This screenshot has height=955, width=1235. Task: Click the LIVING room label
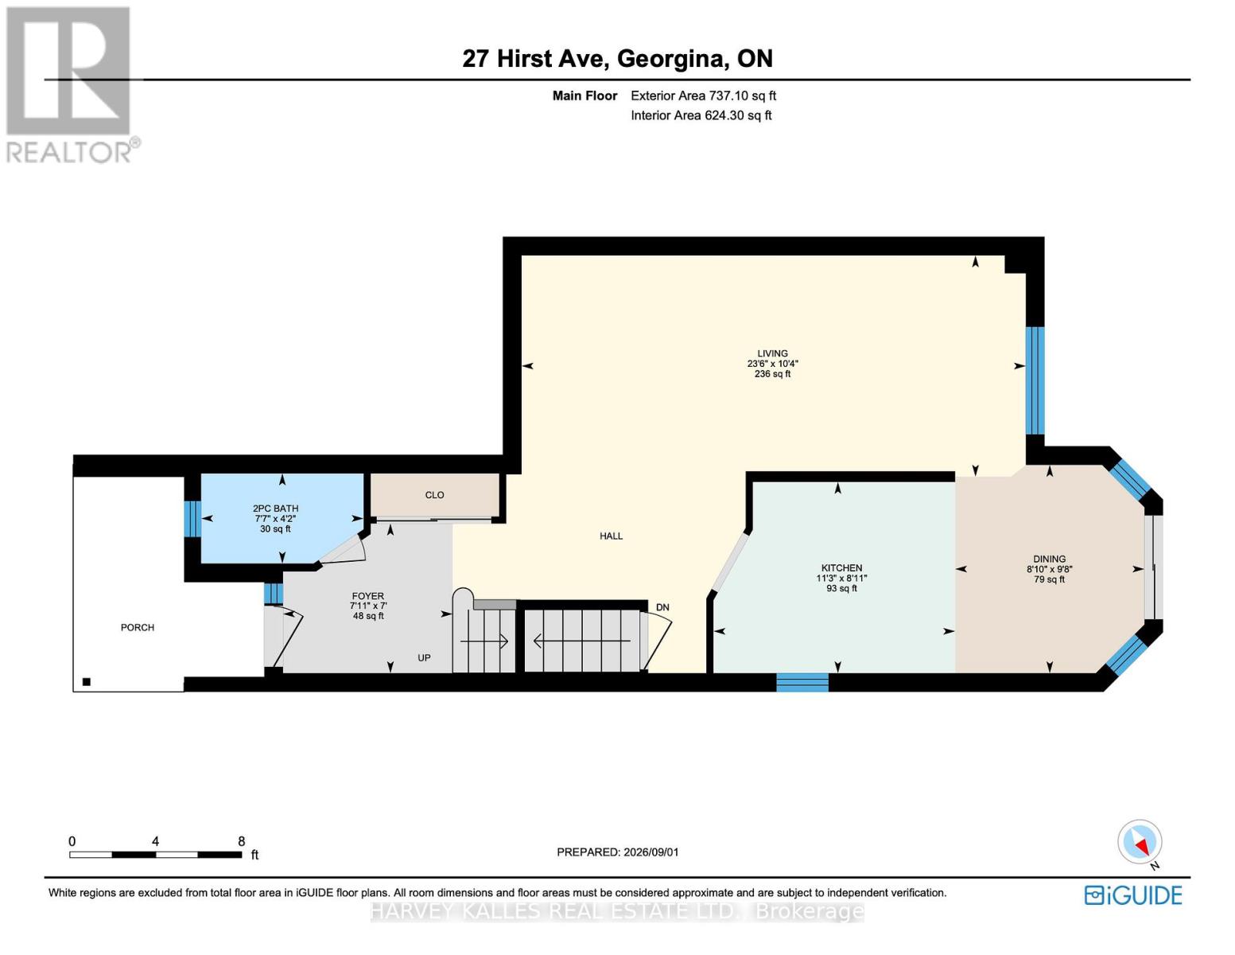point(772,353)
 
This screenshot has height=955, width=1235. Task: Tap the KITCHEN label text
point(841,567)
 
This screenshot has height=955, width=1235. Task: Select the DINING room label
point(1049,559)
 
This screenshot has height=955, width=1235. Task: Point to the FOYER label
point(367,596)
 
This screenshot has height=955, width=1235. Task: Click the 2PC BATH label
point(275,509)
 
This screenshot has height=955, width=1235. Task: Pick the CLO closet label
point(434,495)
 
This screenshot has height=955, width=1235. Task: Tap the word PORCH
point(138,627)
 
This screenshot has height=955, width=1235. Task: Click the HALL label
point(611,536)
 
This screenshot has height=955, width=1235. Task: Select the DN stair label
point(662,607)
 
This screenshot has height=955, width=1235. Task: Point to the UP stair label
point(424,657)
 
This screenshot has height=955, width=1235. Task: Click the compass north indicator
point(1140,842)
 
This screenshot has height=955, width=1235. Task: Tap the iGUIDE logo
point(1132,895)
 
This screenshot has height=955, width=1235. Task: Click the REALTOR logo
point(71,85)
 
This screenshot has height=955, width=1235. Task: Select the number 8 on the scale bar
point(242,841)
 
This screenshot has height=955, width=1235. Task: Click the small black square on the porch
point(87,682)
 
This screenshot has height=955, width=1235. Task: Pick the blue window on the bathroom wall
point(192,519)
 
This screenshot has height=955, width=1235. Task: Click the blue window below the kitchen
point(802,682)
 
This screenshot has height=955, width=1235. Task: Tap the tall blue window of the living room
point(1035,380)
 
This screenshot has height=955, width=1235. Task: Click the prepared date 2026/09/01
point(651,852)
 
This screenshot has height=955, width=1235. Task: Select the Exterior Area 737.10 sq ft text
point(703,95)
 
